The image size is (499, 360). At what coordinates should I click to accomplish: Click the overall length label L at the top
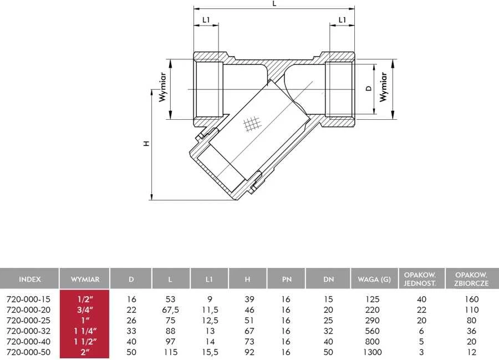(274, 4)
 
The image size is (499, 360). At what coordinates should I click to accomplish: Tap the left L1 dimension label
(206, 20)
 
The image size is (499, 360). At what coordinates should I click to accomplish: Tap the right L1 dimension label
(342, 20)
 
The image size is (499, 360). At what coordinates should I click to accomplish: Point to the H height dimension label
(146, 143)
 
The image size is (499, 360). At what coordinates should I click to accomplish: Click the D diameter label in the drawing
(369, 88)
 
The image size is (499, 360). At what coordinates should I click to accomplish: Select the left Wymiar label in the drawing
(162, 87)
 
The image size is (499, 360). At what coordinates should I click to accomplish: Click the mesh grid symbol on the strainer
(252, 124)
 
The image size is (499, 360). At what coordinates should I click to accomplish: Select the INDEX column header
(30, 279)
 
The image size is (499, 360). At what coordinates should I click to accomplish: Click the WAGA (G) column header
(374, 279)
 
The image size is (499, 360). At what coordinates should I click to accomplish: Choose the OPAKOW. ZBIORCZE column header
(471, 279)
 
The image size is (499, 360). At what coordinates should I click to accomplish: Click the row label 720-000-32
(28, 331)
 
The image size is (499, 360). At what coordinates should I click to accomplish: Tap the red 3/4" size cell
(85, 310)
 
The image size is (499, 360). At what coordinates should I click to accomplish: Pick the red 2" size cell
(85, 352)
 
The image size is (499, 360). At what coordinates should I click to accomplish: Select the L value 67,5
(170, 310)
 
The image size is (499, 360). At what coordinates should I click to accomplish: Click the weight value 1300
(373, 352)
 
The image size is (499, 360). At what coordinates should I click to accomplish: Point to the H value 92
(249, 352)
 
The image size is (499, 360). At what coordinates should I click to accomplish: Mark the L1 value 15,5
(210, 352)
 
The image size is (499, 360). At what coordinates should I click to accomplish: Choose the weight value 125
(373, 299)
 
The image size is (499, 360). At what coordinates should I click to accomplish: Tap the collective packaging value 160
(471, 299)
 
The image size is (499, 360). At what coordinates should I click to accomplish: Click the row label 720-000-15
(28, 299)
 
